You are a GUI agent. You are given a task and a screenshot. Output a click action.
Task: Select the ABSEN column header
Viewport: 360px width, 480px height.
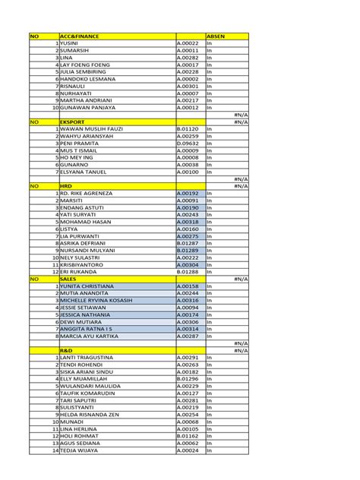216,36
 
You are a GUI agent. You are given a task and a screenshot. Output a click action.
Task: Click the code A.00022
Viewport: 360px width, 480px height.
188,43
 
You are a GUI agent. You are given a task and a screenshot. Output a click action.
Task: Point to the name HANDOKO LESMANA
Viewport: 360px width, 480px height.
88,79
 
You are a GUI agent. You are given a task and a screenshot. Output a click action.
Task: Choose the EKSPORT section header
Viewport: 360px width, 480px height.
74,122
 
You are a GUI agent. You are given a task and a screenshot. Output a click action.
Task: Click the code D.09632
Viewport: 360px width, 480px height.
188,143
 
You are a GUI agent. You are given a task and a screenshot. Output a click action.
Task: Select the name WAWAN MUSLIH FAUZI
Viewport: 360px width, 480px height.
92,129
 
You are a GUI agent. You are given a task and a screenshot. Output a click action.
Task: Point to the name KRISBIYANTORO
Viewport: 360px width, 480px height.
84,264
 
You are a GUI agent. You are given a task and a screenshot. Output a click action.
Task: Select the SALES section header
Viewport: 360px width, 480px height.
68,279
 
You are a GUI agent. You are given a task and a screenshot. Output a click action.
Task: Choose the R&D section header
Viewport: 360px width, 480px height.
67,350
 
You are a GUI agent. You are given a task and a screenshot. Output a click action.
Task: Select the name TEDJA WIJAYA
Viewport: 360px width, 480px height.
81,450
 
